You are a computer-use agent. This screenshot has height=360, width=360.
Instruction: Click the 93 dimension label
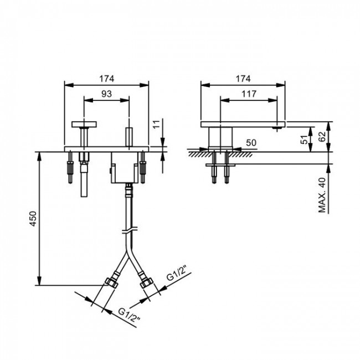pyautogui.click(x=106, y=94)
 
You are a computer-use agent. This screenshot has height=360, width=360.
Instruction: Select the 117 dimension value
pyautogui.click(x=249, y=94)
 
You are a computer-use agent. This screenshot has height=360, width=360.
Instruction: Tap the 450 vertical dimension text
pyautogui.click(x=33, y=219)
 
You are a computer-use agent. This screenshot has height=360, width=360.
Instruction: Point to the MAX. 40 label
pyautogui.click(x=322, y=195)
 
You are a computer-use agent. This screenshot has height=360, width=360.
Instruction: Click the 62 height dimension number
pyautogui.click(x=322, y=137)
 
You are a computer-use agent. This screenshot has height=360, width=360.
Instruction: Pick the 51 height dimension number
pyautogui.click(x=304, y=140)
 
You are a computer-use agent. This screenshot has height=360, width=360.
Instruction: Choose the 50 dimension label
pyautogui.click(x=251, y=143)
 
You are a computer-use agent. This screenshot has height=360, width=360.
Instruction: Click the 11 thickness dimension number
pyautogui.click(x=156, y=124)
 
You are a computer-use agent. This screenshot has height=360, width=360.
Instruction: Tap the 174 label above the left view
pyautogui.click(x=106, y=79)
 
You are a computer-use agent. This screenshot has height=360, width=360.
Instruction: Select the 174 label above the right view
pyautogui.click(x=243, y=79)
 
